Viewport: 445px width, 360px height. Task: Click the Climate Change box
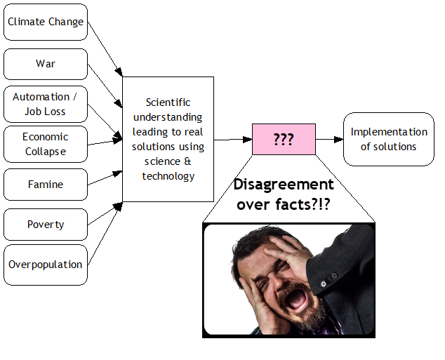click(x=46, y=22)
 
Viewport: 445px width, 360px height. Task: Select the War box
click(x=46, y=64)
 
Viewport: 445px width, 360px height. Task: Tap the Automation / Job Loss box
click(x=46, y=104)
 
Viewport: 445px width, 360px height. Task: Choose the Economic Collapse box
click(x=46, y=144)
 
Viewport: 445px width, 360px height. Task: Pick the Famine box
click(x=46, y=185)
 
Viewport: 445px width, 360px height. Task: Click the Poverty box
click(x=46, y=225)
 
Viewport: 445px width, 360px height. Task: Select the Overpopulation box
click(x=46, y=265)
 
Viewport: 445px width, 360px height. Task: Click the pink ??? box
click(x=284, y=139)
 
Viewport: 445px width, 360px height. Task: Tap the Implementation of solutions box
click(x=388, y=139)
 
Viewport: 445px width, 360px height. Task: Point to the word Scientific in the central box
click(x=168, y=102)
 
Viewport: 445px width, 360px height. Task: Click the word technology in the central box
click(x=168, y=176)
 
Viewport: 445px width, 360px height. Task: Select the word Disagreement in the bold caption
click(x=284, y=185)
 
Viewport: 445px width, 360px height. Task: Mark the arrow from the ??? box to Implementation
click(x=328, y=139)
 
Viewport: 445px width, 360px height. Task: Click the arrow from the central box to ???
click(x=232, y=139)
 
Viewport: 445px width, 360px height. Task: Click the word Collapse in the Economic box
click(x=46, y=152)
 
